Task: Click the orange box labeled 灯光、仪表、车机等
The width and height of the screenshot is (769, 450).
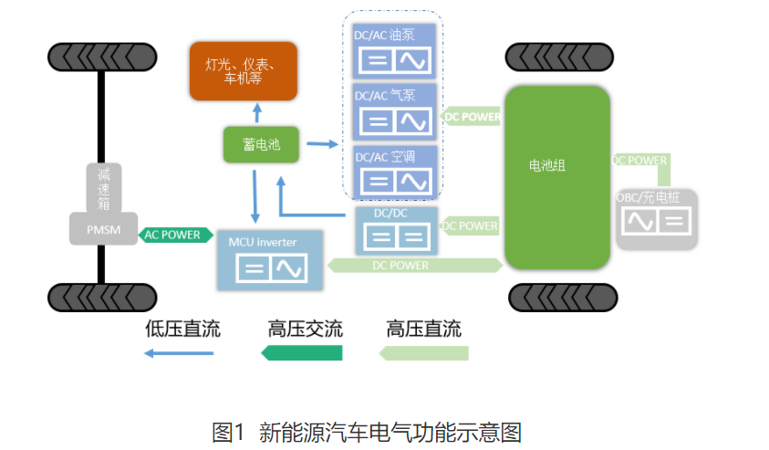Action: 243,70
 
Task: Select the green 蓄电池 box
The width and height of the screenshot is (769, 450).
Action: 261,145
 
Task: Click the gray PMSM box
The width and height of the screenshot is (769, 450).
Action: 103,228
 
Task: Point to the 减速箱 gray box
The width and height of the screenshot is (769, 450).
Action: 103,188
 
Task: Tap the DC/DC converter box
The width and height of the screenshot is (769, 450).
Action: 393,228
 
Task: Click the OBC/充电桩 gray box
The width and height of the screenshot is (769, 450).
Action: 656,218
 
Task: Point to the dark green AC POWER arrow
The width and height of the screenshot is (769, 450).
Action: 173,235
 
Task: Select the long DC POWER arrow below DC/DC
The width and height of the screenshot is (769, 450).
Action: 415,266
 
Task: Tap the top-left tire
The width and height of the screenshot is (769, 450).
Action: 101,58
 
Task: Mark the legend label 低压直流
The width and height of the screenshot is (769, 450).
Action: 182,329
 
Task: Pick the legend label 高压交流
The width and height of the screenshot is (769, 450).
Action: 305,329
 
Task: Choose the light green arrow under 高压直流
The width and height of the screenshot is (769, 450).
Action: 423,353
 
